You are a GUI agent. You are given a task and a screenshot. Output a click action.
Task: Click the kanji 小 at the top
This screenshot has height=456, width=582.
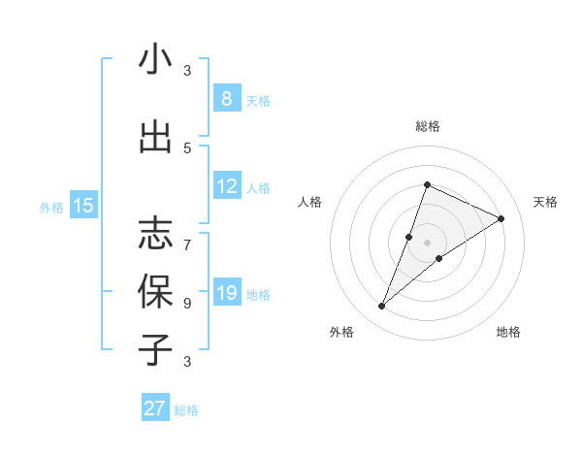tap(155, 60)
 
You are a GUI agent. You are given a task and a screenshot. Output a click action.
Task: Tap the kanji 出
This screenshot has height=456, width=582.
tap(155, 138)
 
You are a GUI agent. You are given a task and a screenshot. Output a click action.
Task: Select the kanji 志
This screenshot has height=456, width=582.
tap(155, 234)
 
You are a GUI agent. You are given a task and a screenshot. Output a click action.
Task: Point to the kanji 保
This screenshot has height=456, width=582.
tap(155, 291)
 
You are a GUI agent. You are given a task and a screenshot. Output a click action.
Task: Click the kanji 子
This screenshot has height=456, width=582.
tap(155, 348)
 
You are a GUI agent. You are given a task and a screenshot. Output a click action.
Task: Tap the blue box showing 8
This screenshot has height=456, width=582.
tap(226, 99)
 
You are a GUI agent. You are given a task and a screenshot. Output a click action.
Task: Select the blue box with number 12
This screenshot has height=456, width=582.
tap(226, 186)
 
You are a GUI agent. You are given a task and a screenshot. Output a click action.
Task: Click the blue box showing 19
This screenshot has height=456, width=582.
tap(226, 293)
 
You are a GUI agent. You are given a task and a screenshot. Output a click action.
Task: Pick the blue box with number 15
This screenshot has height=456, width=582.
tap(83, 206)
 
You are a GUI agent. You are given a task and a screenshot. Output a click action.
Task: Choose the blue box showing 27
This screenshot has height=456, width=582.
tap(155, 408)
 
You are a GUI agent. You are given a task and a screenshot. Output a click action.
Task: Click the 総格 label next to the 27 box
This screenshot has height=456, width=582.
tap(186, 410)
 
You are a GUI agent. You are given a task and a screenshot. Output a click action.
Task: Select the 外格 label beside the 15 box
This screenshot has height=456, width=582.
tap(50, 207)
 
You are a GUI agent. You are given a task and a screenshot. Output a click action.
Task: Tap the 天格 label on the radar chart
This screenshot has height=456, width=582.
tap(545, 202)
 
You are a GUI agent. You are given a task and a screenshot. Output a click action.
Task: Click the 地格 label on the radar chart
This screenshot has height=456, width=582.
tap(508, 332)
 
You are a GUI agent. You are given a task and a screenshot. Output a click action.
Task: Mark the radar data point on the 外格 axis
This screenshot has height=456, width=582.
tap(381, 307)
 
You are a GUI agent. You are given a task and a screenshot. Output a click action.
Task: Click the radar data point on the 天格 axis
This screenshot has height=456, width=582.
tap(501, 218)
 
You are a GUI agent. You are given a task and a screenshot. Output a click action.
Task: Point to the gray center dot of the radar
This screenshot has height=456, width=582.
tap(427, 243)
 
